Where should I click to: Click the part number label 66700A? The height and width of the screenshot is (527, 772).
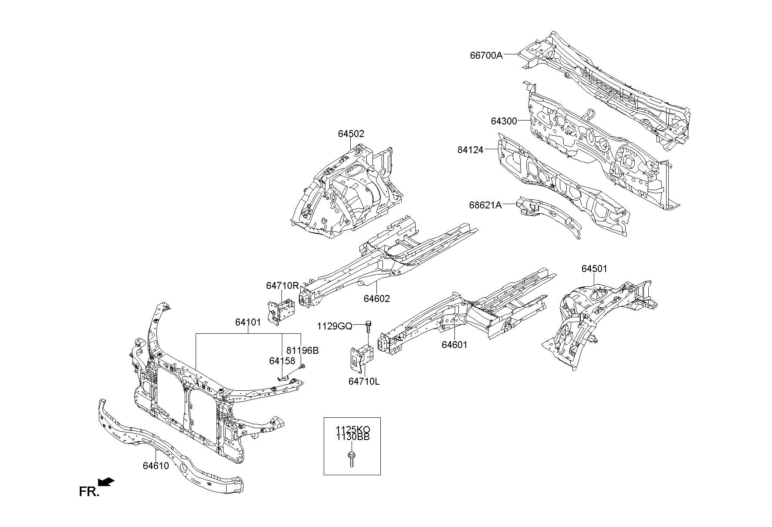coord(486,55)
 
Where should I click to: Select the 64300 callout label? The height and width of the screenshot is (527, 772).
coord(504,121)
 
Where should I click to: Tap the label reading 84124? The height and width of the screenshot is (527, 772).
coord(471,150)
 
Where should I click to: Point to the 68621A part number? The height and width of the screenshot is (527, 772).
coord(485,205)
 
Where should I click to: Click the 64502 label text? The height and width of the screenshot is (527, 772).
coord(351,134)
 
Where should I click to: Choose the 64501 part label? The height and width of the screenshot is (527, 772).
coord(594,269)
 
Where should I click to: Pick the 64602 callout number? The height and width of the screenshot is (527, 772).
coord(377,299)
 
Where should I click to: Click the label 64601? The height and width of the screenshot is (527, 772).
coord(454,345)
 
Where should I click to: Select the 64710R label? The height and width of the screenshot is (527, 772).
coord(282,286)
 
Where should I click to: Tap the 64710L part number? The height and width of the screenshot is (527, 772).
coord(364,381)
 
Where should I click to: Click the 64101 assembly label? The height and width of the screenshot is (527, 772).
coord(248,322)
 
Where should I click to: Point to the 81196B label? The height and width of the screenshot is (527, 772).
coord(302,350)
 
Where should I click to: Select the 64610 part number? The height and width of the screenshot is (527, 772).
coord(156,466)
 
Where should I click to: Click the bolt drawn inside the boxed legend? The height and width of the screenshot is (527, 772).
coord(351,459)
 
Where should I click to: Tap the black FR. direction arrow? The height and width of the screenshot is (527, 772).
coord(106,482)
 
